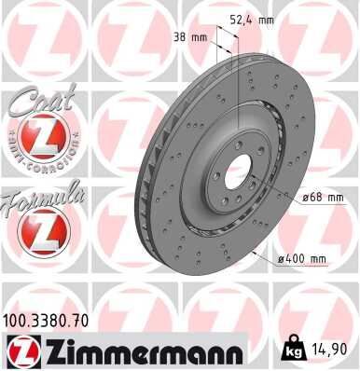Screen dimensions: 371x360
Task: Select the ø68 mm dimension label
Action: tap(323, 197)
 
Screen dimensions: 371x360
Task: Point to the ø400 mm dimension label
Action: tap(303, 258)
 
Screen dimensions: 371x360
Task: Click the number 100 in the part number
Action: tap(20, 320)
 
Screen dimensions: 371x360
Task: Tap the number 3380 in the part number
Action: tap(55, 320)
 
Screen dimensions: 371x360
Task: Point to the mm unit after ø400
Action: tap(319, 258)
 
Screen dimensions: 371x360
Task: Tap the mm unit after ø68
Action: tap(335, 197)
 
